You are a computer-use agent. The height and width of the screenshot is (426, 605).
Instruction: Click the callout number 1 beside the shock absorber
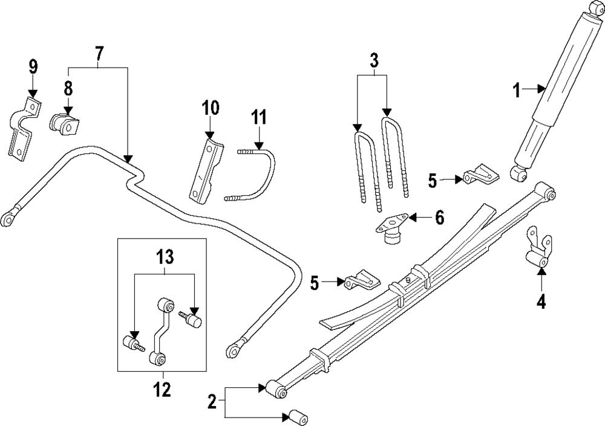[x=517, y=91]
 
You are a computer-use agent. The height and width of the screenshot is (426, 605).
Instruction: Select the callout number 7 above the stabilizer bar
[x=99, y=54]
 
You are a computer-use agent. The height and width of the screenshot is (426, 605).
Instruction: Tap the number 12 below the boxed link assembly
[x=162, y=389]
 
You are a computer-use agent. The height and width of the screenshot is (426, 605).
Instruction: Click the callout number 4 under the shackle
[x=541, y=300]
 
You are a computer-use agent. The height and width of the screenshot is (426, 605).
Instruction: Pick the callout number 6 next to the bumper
[x=439, y=216]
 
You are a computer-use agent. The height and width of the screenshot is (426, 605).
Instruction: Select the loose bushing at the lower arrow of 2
[x=296, y=418]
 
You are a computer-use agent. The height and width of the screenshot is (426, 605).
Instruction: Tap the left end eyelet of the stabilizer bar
[x=8, y=218]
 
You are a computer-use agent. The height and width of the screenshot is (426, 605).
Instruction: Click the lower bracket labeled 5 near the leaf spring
[x=359, y=280]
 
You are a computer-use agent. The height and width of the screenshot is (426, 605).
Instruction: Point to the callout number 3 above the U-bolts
[x=374, y=60]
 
